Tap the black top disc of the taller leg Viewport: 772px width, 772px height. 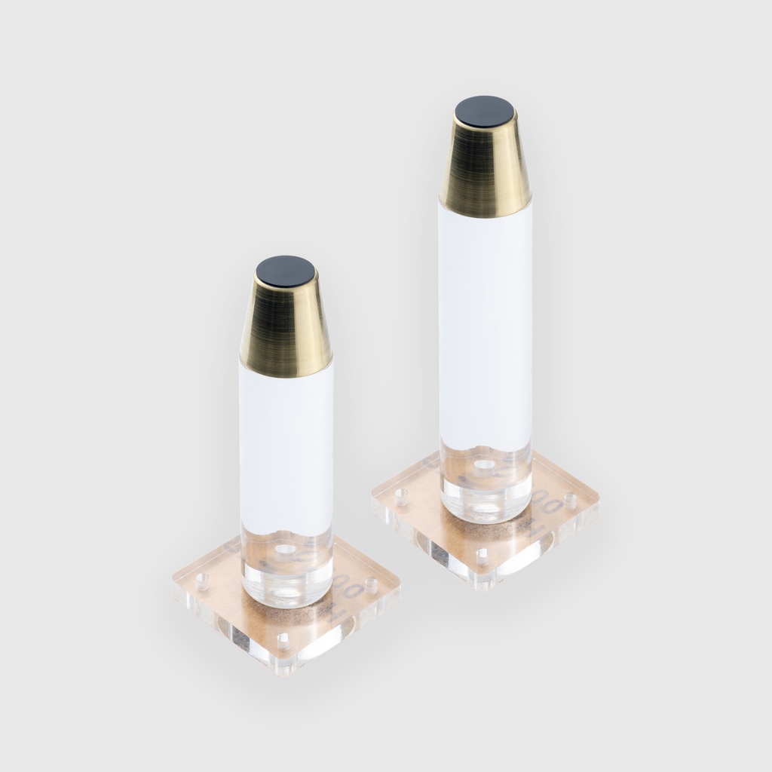(x=484, y=111)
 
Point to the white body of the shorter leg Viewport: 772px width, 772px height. (x=286, y=445)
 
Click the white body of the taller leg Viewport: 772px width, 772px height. (x=486, y=317)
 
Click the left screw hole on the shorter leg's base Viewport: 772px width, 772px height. (x=201, y=581)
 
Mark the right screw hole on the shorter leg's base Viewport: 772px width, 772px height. (x=371, y=584)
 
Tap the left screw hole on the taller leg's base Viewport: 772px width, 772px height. (x=401, y=496)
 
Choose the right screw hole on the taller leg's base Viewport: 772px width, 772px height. (x=571, y=499)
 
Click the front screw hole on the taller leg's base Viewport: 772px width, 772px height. (x=482, y=557)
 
